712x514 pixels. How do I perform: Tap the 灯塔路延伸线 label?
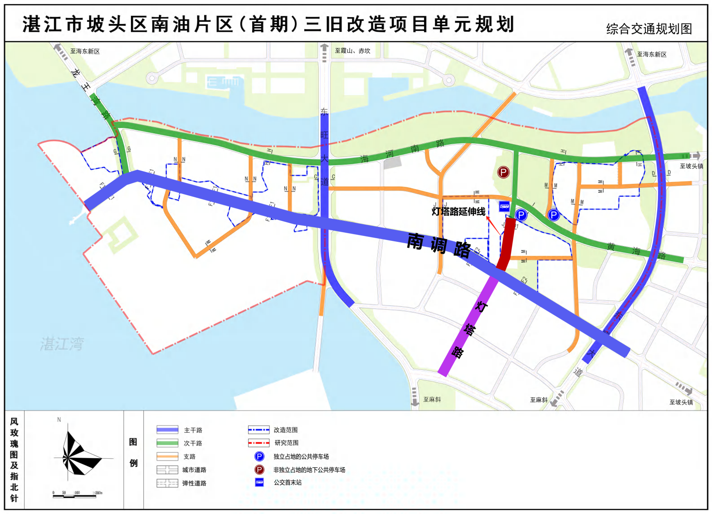pos(458,211)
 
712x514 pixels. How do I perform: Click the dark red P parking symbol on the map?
pos(503,172)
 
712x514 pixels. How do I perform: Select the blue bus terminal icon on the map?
pos(504,206)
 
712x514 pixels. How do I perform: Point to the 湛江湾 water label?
pos(62,344)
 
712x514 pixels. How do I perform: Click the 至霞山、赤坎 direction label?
pos(352,51)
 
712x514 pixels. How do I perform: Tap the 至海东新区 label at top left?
pos(85,51)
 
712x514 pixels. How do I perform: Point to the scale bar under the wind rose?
pos(75,495)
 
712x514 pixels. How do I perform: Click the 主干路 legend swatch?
pos(167,430)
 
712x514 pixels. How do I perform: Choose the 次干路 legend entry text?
pos(193,443)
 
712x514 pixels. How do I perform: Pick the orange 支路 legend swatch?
pos(167,456)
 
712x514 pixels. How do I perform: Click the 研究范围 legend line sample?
pos(258,443)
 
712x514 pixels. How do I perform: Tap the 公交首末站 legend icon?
pos(259,482)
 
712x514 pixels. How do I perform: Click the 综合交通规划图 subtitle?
pos(649,29)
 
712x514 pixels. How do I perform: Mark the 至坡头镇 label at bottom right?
pos(681,402)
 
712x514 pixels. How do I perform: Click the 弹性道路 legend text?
pos(194,483)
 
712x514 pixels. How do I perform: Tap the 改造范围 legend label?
pos(285,430)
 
